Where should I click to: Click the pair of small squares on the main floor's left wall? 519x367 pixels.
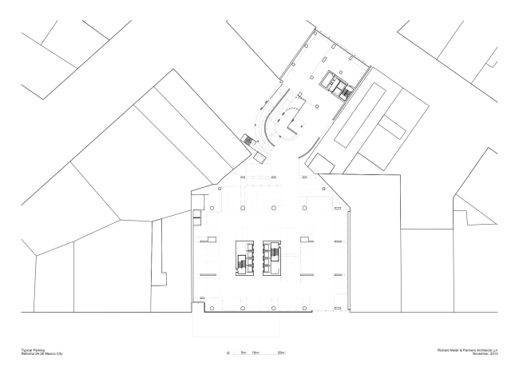point(196,214)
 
